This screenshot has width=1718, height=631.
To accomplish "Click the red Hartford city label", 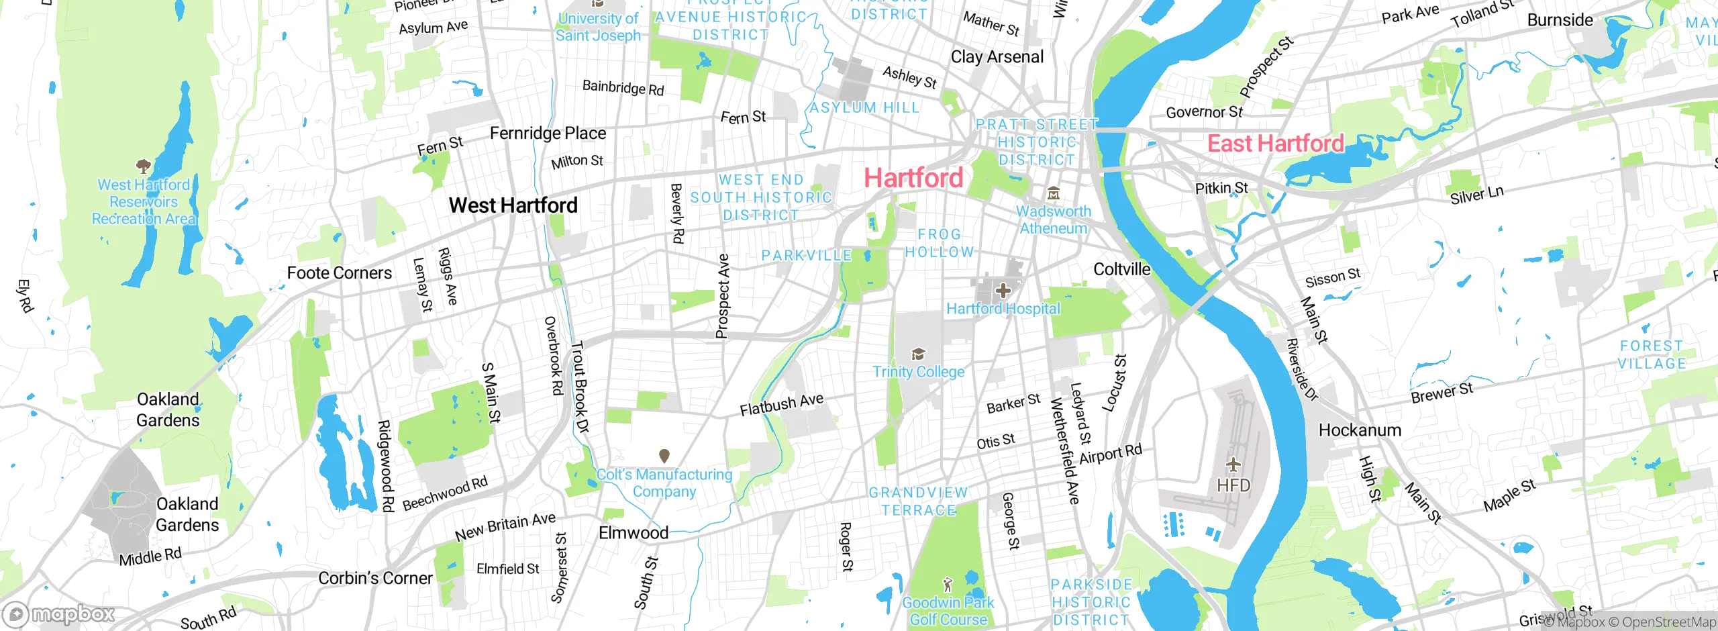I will click(x=913, y=178).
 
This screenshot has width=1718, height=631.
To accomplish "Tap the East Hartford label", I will click(x=1275, y=144).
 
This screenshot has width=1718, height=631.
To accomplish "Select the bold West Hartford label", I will click(x=513, y=205).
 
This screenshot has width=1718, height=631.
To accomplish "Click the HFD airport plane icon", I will click(x=1233, y=465).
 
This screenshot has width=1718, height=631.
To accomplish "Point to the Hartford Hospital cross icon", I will click(x=1003, y=291).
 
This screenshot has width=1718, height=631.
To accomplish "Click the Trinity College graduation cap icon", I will click(x=917, y=354).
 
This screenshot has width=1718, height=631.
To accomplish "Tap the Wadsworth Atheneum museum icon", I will click(x=1054, y=194).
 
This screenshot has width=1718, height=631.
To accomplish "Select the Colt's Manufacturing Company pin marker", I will click(x=664, y=456).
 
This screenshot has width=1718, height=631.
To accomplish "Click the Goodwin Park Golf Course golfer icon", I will click(x=947, y=584).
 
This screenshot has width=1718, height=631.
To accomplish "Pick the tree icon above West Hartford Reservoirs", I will click(x=142, y=165).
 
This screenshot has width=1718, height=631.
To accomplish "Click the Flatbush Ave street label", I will click(x=781, y=405).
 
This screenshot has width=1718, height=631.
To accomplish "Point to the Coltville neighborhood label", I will click(x=1121, y=270).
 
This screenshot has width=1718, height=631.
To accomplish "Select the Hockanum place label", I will click(x=1360, y=430).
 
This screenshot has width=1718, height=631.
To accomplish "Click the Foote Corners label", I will click(x=339, y=273).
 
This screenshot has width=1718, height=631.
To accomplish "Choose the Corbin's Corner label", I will click(x=375, y=578).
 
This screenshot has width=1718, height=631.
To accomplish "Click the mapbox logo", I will click(x=59, y=614).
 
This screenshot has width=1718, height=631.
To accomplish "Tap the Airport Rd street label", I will click(x=1110, y=454).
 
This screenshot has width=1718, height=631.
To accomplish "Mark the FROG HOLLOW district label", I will click(x=939, y=243).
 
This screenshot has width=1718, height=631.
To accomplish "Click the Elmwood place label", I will click(x=633, y=533).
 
